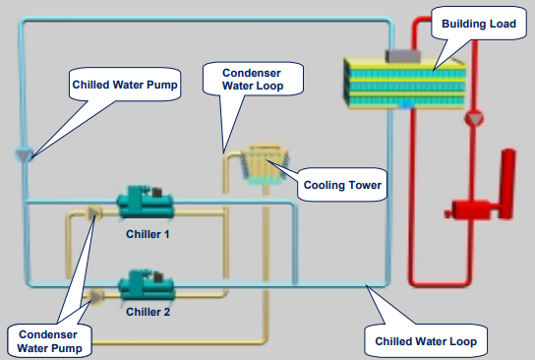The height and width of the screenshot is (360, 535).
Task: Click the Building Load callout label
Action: click(478, 24)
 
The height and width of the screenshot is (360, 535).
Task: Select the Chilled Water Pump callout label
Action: click(125, 85)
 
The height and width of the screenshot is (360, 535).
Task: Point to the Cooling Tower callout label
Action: click(342, 184)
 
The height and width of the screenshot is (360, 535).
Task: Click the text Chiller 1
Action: click(149, 234)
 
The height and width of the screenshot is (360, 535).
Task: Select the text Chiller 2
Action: click(149, 312)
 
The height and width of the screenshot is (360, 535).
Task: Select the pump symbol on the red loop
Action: click(476, 119)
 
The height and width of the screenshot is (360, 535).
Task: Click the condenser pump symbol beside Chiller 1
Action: click(94, 212)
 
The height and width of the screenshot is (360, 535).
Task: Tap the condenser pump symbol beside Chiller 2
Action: click(94, 294)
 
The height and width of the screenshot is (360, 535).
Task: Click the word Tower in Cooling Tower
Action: click(364, 184)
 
